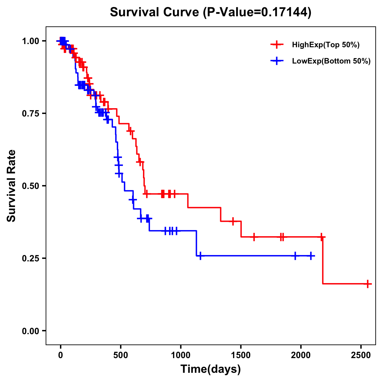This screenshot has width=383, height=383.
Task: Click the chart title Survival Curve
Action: [210, 12]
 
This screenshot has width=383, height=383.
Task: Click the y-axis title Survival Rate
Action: [11, 186]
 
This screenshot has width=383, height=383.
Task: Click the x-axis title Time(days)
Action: [211, 369]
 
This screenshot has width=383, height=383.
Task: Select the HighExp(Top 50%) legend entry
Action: [326, 45]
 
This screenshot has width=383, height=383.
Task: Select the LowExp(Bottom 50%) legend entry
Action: [331, 61]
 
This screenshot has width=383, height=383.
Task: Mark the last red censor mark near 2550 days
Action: [368, 284]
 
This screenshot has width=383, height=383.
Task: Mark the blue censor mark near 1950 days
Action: [295, 256]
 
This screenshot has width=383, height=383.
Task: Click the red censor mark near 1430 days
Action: [233, 221]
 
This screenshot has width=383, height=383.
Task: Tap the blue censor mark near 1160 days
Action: [200, 256]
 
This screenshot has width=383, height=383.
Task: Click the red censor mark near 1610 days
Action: [254, 237]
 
